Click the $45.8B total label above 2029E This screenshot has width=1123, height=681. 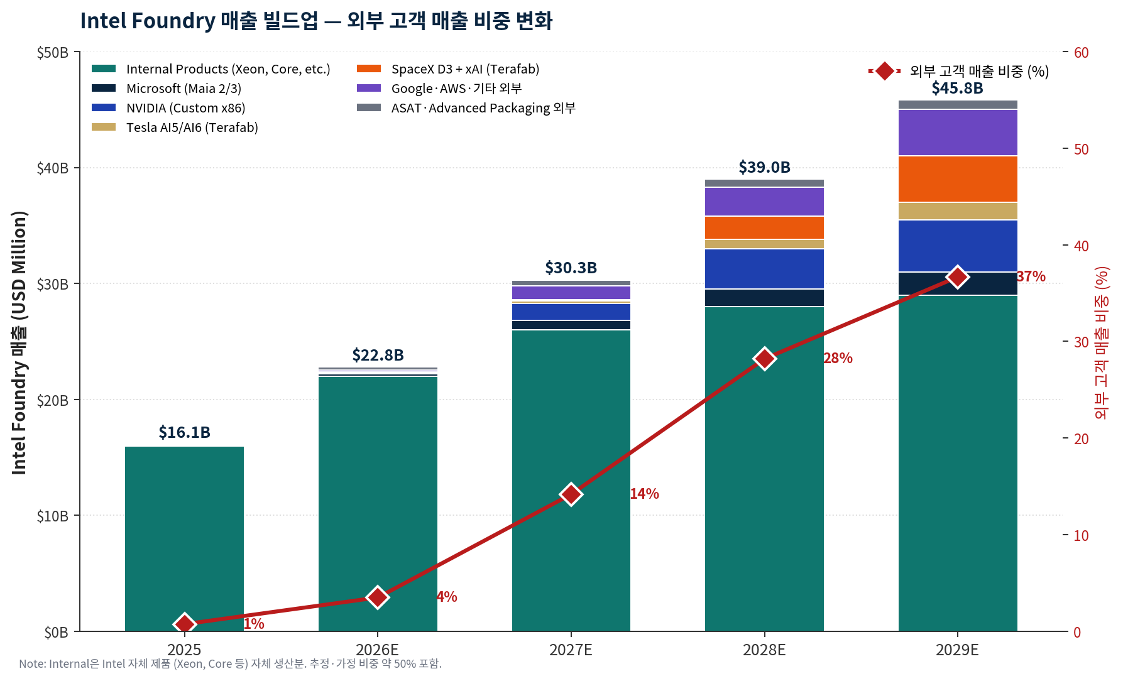[x=957, y=88]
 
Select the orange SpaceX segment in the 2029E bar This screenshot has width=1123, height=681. [x=957, y=179]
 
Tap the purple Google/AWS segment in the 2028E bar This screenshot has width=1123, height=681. [x=764, y=202]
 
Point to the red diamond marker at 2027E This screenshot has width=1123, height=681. [x=571, y=494]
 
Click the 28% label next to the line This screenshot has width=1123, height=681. [x=838, y=358]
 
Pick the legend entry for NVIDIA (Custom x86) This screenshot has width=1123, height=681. [x=185, y=108]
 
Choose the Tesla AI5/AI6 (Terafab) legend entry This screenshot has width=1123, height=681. [x=192, y=128]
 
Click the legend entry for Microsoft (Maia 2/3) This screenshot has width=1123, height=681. [x=184, y=89]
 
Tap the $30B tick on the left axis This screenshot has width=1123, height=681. [x=53, y=285]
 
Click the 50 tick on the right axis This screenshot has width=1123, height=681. [x=1081, y=150]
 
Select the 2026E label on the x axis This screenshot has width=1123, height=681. [x=377, y=650]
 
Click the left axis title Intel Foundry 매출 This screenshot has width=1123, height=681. [x=19, y=342]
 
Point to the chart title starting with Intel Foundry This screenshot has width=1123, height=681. [x=316, y=21]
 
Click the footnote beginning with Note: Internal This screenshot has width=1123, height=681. [x=230, y=664]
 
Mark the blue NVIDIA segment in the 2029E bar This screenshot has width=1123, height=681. [x=957, y=246]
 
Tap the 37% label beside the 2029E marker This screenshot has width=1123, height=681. [x=1031, y=276]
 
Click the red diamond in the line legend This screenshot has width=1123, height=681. [x=884, y=71]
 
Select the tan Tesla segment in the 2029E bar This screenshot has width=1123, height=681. [x=957, y=211]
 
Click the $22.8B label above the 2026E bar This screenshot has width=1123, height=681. [x=378, y=355]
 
